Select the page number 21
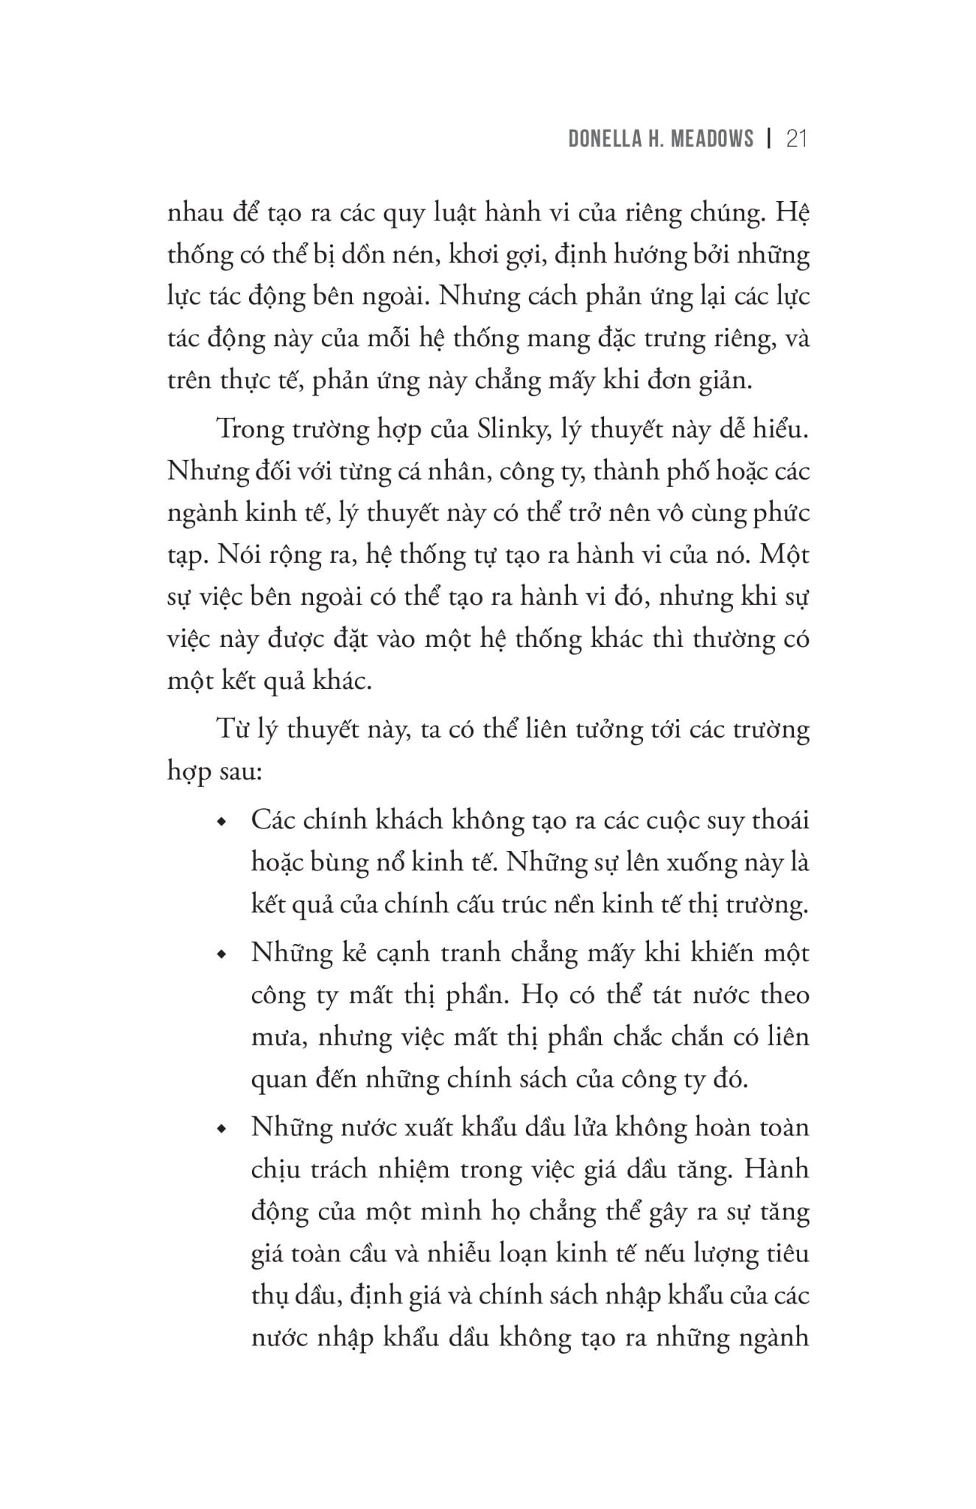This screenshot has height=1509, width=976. pos(797,139)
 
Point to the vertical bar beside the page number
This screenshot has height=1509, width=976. pos(769,139)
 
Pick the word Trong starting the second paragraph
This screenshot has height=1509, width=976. pos(245,428)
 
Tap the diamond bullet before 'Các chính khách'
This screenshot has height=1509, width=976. pos(221,822)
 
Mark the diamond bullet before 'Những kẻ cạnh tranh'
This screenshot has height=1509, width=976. pos(221,955)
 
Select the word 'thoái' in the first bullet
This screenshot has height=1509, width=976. pos(780,820)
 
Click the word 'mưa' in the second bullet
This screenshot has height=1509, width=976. pos(275,1037)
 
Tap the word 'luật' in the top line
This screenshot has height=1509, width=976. pos(447,213)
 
